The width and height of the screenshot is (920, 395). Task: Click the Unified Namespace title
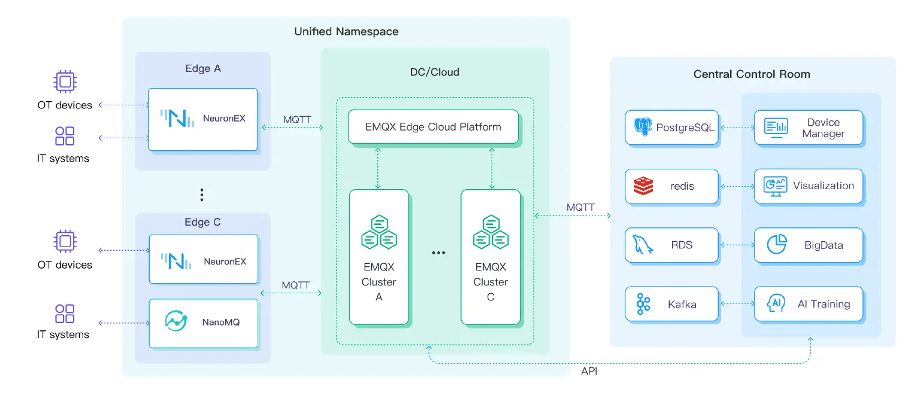tap(346, 32)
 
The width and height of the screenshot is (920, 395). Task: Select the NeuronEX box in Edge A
tap(203, 119)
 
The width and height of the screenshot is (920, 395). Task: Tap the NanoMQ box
tap(203, 323)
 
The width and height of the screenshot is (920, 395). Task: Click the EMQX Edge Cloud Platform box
tap(432, 127)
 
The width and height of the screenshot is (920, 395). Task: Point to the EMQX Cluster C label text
tap(491, 282)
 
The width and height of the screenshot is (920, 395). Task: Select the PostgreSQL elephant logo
tap(642, 127)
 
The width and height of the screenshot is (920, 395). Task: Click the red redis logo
tap(643, 186)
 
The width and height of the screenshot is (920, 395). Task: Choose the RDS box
tap(671, 245)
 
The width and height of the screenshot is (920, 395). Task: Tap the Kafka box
tap(671, 304)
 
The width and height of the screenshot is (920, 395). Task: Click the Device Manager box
tap(808, 127)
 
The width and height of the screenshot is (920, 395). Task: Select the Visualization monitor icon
tap(775, 186)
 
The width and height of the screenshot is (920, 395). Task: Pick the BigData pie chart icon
tap(777, 244)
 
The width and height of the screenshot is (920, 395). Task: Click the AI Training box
tap(808, 304)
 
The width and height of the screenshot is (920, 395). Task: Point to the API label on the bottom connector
tap(589, 372)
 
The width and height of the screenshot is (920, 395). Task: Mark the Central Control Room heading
tap(752, 74)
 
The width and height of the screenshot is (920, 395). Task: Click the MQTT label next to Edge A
tap(297, 119)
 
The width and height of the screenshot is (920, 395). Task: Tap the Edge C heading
tap(202, 222)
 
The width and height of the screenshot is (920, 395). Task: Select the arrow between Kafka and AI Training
tap(736, 304)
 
